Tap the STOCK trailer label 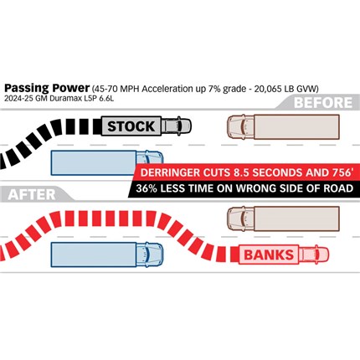131,126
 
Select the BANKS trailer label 269,255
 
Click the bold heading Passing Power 47,88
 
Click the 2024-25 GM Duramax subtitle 59,99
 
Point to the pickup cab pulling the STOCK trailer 177,126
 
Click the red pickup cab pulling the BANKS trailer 314,255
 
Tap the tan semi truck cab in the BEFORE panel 241,126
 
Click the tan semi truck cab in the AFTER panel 241,219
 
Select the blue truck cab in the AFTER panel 150,255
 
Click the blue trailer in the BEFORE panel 94,163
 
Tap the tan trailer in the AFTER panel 296,219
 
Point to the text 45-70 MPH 116,89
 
